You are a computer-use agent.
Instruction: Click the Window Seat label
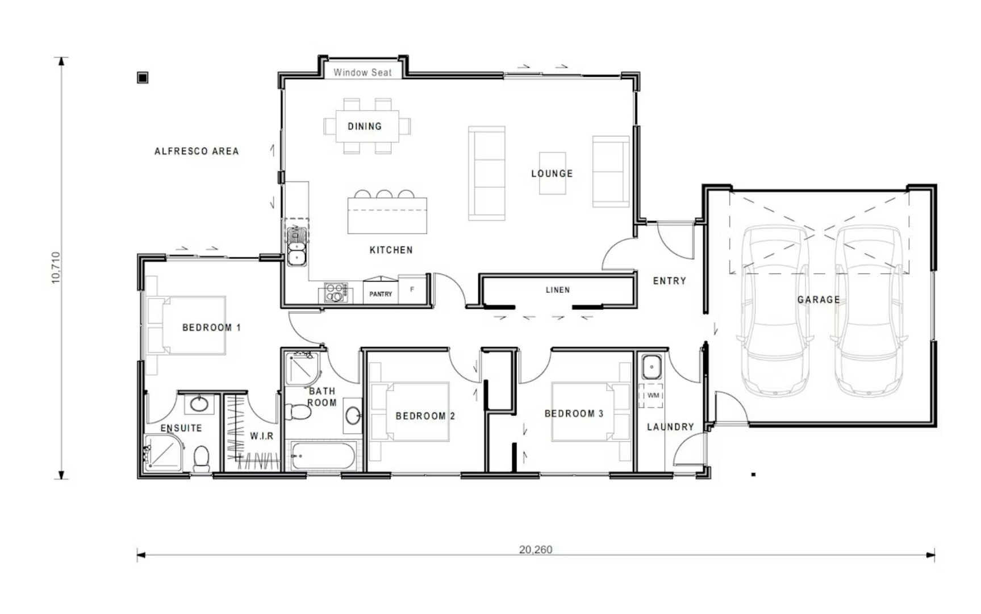tap(362, 73)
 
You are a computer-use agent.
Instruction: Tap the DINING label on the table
tap(365, 126)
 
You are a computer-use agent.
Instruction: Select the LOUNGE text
tap(552, 173)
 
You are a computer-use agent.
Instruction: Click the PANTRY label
tap(381, 294)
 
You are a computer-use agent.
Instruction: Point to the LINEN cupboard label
tap(558, 290)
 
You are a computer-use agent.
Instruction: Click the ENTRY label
tap(670, 281)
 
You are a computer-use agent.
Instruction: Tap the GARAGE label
tap(819, 300)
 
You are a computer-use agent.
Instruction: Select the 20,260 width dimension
tap(536, 550)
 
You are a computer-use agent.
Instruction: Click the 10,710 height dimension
tap(56, 268)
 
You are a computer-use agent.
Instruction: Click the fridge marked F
tap(412, 289)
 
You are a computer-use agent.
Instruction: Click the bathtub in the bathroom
tap(323, 456)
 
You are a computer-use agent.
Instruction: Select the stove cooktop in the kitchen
tap(335, 293)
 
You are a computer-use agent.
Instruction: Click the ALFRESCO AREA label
tap(197, 151)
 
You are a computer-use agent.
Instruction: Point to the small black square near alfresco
tap(143, 77)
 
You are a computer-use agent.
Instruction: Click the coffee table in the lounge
tap(552, 173)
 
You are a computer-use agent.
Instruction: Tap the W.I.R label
tap(262, 436)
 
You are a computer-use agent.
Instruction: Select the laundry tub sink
tap(652, 367)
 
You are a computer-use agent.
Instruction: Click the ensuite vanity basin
tap(199, 404)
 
